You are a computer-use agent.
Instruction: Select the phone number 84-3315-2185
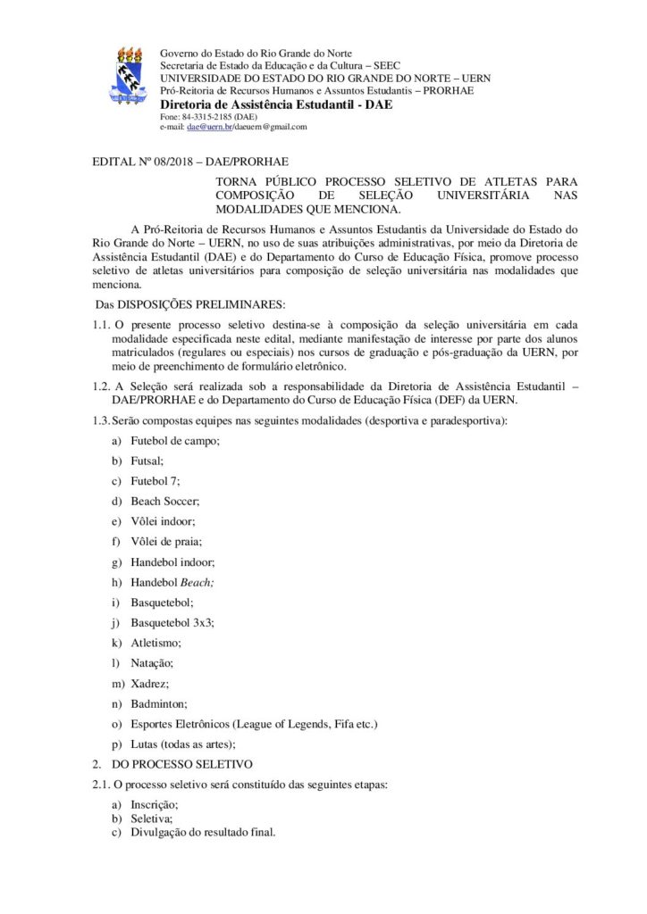tap(208, 117)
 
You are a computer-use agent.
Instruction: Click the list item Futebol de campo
tap(174, 441)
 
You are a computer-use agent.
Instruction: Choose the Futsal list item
tap(147, 461)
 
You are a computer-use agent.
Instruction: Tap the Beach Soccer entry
tap(164, 501)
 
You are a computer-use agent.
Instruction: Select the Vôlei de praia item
tap(165, 541)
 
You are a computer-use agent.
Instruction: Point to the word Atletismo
tap(156, 643)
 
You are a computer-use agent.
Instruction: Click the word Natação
tap(152, 663)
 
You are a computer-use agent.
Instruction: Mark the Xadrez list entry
tap(148, 683)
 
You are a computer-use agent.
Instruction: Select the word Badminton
tap(158, 703)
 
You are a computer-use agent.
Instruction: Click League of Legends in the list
tap(282, 723)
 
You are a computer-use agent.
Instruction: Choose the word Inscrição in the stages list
tap(154, 805)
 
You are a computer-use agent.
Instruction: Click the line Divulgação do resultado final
tap(203, 832)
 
